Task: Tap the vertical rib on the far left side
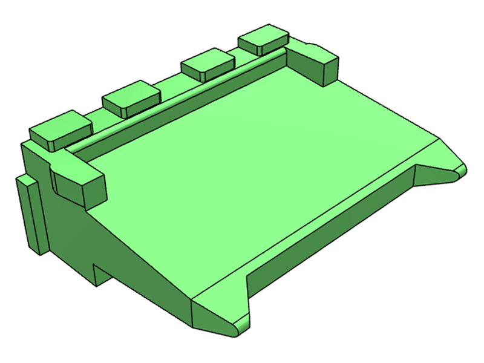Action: (30, 215)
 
